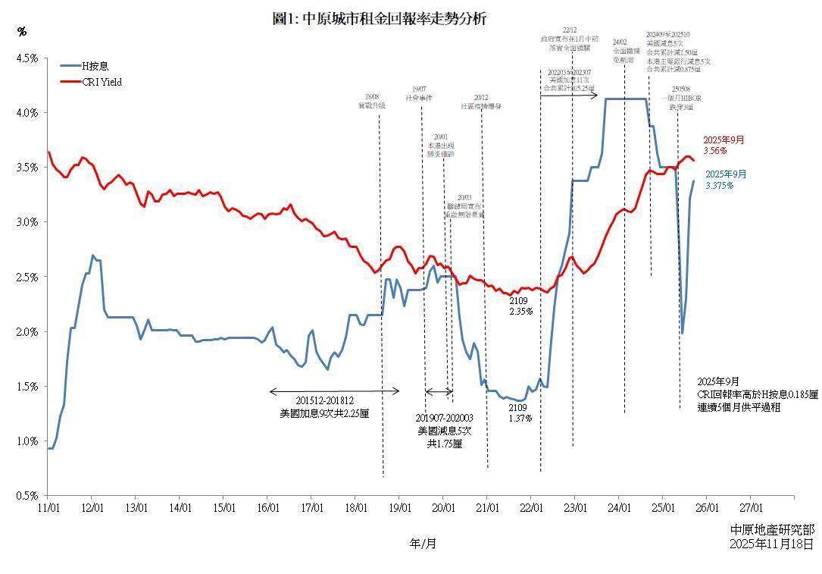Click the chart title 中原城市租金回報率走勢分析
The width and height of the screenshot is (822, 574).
click(379, 19)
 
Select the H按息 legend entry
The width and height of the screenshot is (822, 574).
click(95, 66)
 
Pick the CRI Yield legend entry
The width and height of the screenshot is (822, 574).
click(102, 82)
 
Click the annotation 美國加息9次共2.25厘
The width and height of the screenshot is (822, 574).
click(323, 413)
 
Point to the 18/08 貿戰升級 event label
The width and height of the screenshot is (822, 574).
click(372, 102)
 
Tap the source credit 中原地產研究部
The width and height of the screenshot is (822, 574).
click(771, 529)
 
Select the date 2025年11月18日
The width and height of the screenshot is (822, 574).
click(771, 544)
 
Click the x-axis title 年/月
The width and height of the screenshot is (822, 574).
click(423, 543)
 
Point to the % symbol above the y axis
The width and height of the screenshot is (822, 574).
click(21, 32)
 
